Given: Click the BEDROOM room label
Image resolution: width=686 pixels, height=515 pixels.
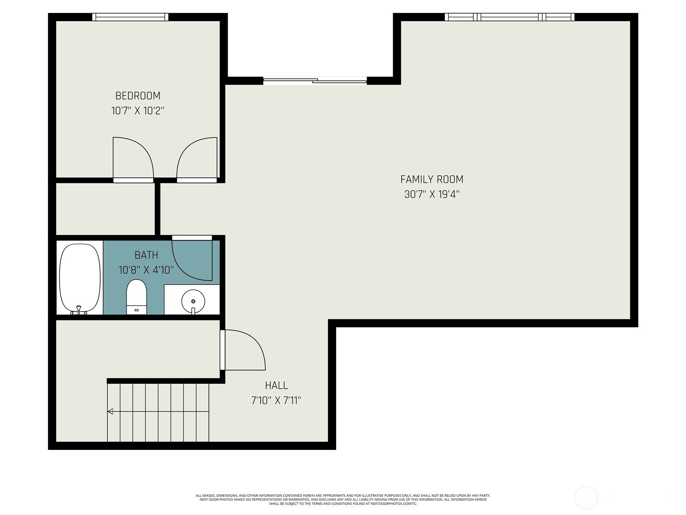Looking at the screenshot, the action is point(138,96).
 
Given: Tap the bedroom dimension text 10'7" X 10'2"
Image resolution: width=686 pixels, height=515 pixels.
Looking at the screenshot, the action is point(138,111).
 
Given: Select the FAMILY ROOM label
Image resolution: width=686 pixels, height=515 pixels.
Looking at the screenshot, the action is point(432,179).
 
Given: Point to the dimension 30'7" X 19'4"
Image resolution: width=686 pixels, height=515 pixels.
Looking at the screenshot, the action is point(432,194).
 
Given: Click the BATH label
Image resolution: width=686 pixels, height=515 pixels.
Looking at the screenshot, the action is point(146,255).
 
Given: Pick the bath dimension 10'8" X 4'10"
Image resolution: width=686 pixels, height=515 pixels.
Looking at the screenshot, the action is point(146,270).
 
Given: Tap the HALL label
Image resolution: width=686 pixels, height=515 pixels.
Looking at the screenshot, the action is point(276,385).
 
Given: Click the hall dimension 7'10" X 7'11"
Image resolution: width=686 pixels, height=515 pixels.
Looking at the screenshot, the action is point(276,400).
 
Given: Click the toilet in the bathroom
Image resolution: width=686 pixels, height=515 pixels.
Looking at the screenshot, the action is point(137,297).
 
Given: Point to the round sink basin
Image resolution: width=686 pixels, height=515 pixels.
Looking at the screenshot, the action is point(193,301).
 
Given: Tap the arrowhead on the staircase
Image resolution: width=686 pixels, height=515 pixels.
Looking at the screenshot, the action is point(110,412).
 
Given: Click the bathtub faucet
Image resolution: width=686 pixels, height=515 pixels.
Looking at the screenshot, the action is point(79,310).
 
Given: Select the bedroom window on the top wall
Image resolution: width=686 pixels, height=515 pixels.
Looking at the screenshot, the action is point(130,17).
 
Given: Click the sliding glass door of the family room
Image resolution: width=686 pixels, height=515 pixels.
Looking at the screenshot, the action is point(315,81).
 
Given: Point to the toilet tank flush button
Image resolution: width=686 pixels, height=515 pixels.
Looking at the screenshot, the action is point(137,310).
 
